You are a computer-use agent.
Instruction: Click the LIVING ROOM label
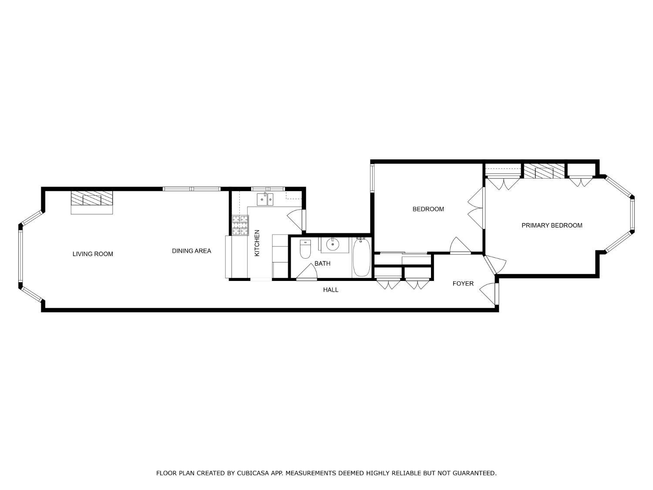93,254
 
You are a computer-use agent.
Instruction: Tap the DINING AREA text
192,251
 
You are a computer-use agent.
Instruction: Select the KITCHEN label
257,243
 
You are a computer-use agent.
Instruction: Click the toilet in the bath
305,250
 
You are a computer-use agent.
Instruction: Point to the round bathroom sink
333,244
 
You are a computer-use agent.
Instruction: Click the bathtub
361,258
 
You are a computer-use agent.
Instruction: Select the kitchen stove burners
240,225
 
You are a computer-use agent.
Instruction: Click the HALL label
330,290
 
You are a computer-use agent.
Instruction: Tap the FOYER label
463,284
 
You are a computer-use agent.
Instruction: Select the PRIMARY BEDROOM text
552,225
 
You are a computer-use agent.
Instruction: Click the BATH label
322,264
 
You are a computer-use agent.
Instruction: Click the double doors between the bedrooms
476,209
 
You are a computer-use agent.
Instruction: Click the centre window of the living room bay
20,256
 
